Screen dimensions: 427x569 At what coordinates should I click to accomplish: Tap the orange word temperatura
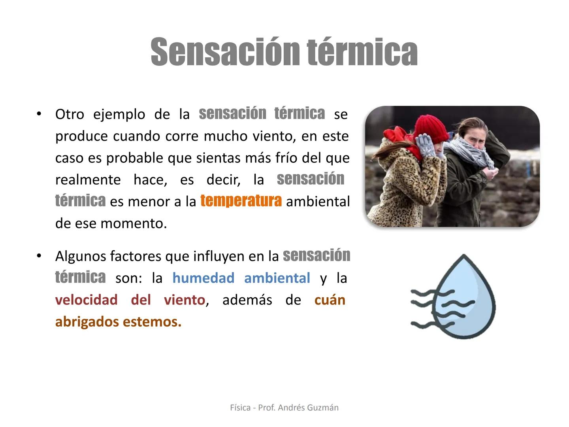[x=241, y=201]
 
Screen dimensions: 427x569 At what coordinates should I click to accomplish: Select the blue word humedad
[x=203, y=278]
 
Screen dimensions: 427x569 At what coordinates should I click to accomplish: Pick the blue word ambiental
[x=277, y=278]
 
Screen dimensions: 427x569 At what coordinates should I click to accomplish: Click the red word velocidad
[x=86, y=300]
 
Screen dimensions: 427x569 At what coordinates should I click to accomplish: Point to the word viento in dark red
[x=185, y=300]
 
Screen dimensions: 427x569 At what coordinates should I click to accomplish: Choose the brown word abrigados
[x=87, y=322]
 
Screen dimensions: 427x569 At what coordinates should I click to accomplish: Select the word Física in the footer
[x=240, y=408]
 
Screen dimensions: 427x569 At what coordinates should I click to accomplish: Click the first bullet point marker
[x=39, y=114]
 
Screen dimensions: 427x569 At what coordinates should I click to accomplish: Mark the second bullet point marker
[x=39, y=256]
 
